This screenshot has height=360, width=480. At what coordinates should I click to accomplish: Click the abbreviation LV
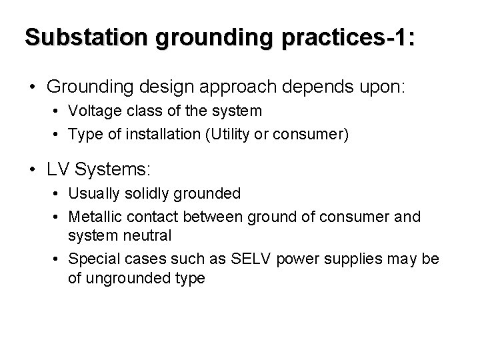pos(58,170)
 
